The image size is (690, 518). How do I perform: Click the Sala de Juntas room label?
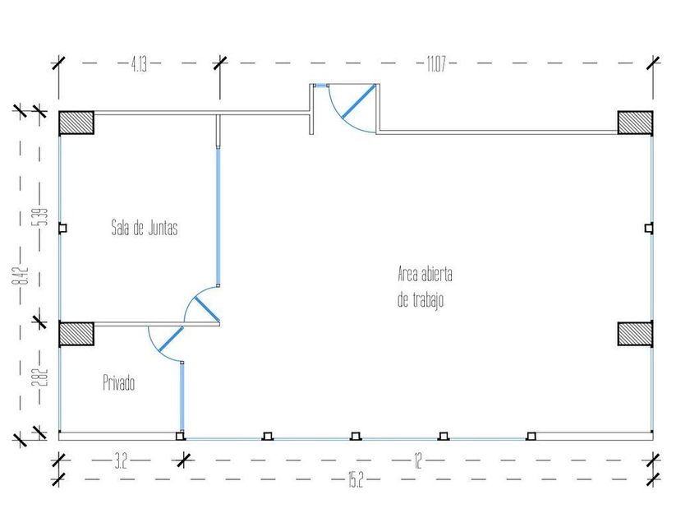pyautogui.click(x=145, y=228)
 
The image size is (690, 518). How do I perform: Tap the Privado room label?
pyautogui.click(x=119, y=382)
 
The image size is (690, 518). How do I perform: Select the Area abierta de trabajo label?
pyautogui.click(x=425, y=287)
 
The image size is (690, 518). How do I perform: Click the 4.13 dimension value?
pyautogui.click(x=139, y=64)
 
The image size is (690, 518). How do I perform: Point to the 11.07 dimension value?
pyautogui.click(x=436, y=64)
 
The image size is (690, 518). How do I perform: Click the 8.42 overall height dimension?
pyautogui.click(x=21, y=275)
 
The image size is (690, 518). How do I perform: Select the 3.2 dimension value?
pyautogui.click(x=121, y=462)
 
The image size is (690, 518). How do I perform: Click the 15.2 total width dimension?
pyautogui.click(x=356, y=479)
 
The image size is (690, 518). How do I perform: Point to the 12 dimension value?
pyautogui.click(x=417, y=461)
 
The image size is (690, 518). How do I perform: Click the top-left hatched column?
pyautogui.click(x=76, y=123)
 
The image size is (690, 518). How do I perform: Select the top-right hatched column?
pyautogui.click(x=635, y=123)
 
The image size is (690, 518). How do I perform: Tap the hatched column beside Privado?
pyautogui.click(x=76, y=334)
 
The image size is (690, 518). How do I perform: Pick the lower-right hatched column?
pyautogui.click(x=635, y=334)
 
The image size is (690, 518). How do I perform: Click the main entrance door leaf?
pyautogui.click(x=359, y=102)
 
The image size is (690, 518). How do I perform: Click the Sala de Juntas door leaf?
pyautogui.click(x=207, y=309)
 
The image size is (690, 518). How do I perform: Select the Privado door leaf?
pyautogui.click(x=171, y=339)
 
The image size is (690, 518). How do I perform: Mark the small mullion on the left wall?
pyautogui.click(x=62, y=229)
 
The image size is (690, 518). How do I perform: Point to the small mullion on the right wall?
pyautogui.click(x=649, y=229)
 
